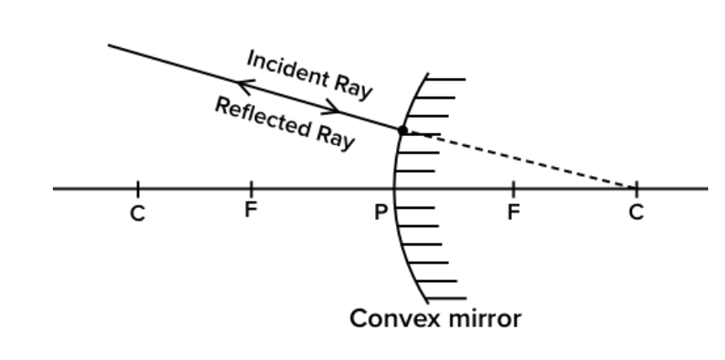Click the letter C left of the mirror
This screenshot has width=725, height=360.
(x=138, y=213)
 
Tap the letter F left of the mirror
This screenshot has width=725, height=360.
(x=250, y=211)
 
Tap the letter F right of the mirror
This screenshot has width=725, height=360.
(x=514, y=211)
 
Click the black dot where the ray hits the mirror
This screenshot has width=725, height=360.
(x=403, y=130)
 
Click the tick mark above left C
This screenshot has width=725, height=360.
(x=138, y=188)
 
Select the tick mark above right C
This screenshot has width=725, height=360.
(x=635, y=187)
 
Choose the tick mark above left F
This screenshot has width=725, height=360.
(x=250, y=188)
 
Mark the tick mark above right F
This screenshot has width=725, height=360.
(x=514, y=188)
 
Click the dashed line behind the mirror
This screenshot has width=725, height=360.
(x=520, y=159)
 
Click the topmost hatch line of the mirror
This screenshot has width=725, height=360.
(x=446, y=81)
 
